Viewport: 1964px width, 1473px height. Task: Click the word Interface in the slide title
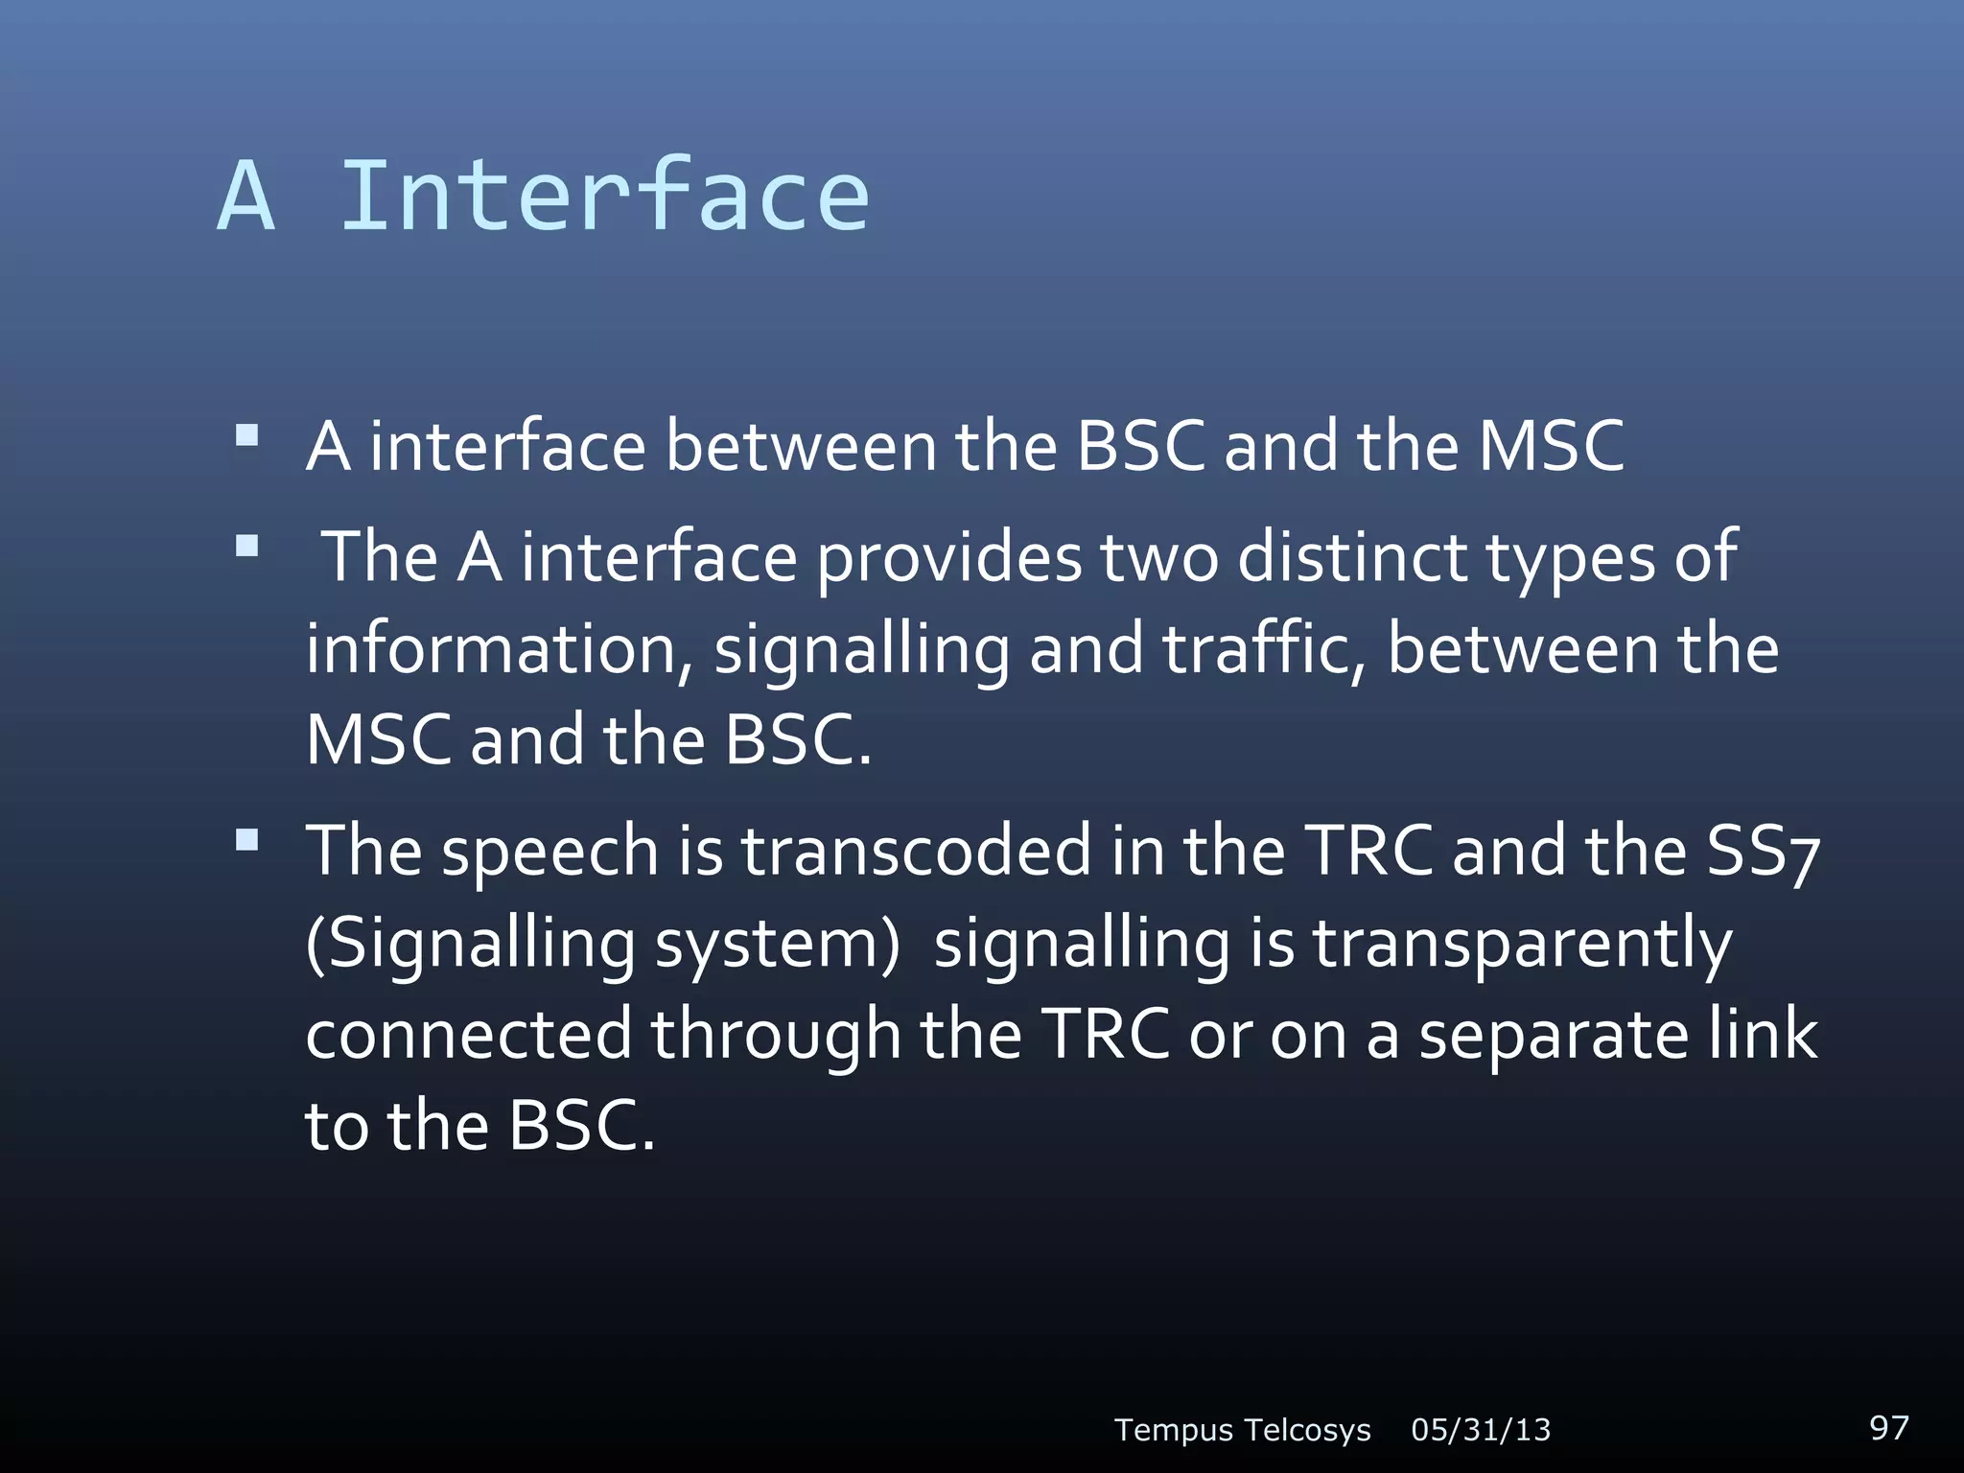click(604, 197)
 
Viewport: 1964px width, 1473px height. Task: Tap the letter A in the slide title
click(247, 197)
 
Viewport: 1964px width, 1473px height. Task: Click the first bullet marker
click(247, 437)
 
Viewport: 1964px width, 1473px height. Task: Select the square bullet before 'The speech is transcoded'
click(247, 841)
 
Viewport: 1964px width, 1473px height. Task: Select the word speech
click(549, 852)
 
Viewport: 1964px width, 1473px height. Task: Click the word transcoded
click(916, 850)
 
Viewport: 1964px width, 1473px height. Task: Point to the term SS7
click(1763, 852)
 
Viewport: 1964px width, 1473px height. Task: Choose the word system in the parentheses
click(777, 944)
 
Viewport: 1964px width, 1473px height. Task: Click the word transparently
click(1522, 944)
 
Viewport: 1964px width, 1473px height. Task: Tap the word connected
click(469, 1034)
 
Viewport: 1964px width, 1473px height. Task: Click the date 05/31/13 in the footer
click(1481, 1430)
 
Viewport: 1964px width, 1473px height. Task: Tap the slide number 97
click(1889, 1427)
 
